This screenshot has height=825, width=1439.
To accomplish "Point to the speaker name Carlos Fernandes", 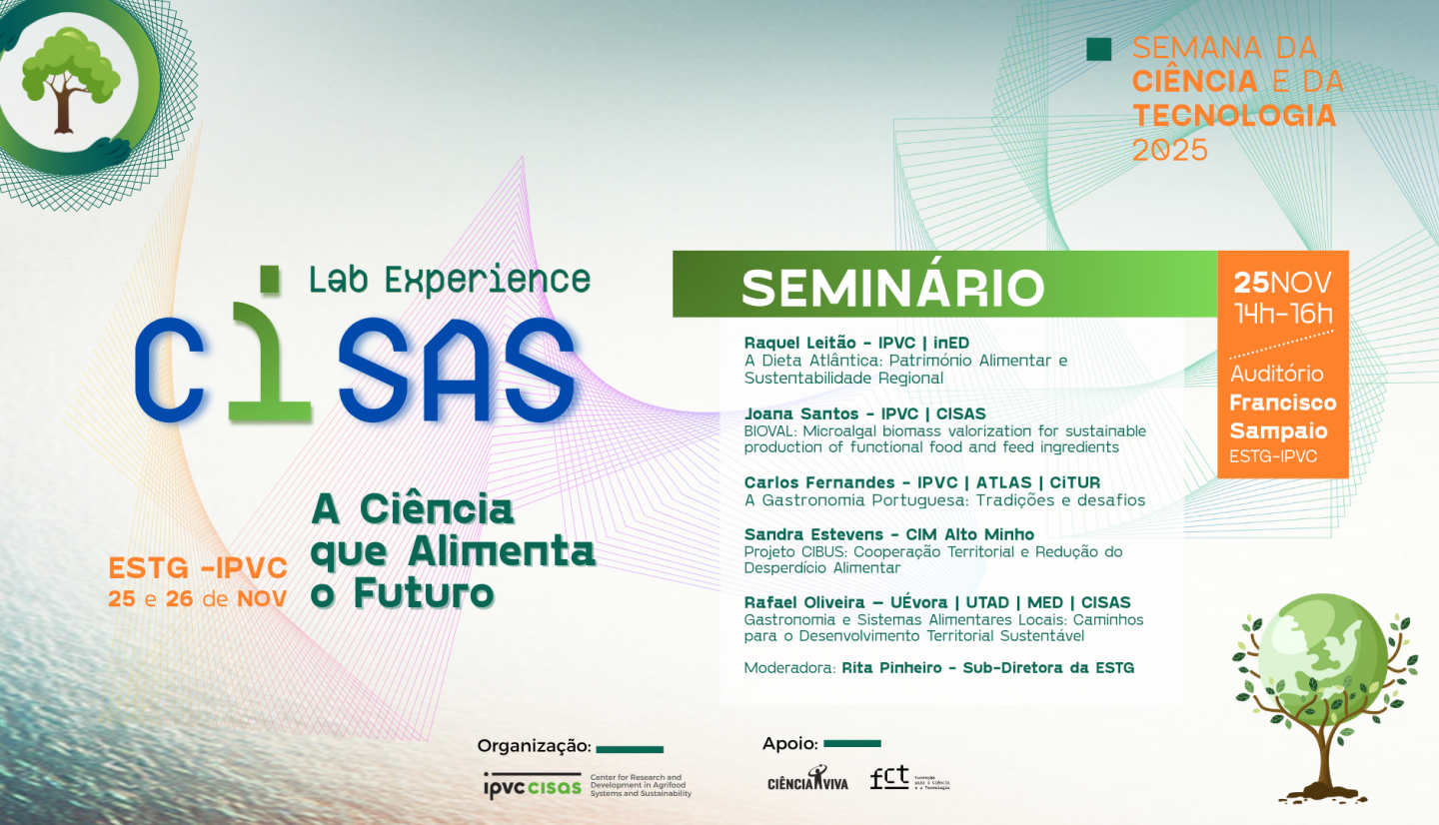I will [806, 483].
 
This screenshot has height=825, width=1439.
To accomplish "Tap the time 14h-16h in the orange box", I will [1283, 313].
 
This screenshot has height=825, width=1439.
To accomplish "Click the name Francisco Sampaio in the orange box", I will [1282, 416].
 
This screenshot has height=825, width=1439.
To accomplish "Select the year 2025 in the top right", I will [1169, 150].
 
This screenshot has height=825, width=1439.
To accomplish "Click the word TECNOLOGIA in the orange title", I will [1233, 116].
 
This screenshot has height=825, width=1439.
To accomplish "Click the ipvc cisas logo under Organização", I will [532, 785].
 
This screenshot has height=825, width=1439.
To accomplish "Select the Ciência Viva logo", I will [807, 779].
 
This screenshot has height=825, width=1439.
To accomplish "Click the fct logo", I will [889, 777].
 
